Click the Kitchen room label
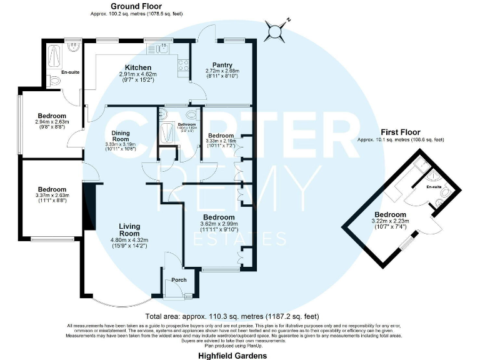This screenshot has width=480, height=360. [137, 67]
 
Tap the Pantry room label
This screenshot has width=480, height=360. [222, 64]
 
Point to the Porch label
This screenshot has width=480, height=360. [179, 279]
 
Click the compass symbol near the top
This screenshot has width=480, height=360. [274, 29]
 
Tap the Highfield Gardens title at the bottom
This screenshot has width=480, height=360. [232, 355]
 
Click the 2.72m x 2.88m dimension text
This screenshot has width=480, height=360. [222, 71]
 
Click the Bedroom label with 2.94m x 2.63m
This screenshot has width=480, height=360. [52, 116]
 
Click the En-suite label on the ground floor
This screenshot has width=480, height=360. [70, 72]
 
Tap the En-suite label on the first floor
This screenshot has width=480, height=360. [434, 187]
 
